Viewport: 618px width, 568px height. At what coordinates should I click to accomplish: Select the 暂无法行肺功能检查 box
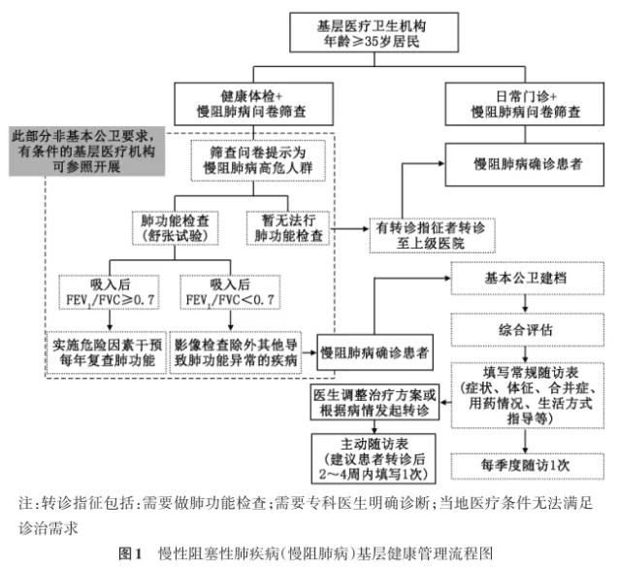289,225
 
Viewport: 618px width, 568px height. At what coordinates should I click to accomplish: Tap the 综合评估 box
525,329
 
